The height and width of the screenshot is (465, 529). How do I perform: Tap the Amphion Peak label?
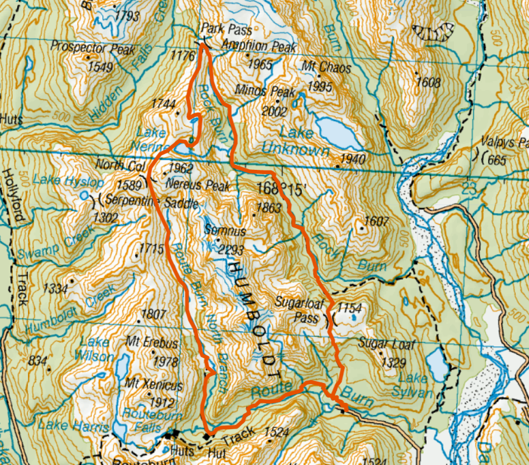click(x=259, y=46)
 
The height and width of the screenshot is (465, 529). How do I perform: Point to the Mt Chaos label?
click(x=326, y=67)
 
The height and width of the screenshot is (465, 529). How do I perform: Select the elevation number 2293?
click(x=233, y=250)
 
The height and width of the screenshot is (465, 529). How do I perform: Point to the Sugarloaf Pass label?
click(x=298, y=309)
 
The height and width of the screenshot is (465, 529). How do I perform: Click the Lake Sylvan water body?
click(x=436, y=364)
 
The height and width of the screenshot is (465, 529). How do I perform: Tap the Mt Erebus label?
click(x=152, y=344)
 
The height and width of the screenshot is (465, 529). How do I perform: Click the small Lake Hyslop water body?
click(x=84, y=195)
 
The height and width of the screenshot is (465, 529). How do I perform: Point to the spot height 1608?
click(x=427, y=82)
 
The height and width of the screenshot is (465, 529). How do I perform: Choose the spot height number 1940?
click(x=353, y=159)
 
